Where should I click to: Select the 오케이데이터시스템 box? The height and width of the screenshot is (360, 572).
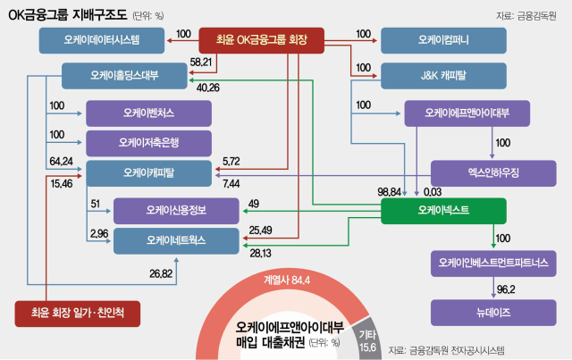coord(104,39)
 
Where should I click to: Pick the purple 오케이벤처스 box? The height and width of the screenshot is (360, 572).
coord(148,113)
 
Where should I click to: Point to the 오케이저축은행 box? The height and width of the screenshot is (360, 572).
coord(148,143)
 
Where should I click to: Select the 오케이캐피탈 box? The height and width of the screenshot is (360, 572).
coord(148,173)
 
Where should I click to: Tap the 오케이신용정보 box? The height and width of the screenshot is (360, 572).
coord(176,210)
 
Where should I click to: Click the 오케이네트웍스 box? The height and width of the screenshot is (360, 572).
coord(176,240)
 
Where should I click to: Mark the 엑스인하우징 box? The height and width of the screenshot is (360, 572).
coord(494,173)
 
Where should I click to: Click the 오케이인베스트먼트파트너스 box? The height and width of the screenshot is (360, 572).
coord(494,263)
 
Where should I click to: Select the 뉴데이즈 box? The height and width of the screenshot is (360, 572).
coord(494,312)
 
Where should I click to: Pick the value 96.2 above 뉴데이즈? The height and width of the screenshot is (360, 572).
coord(507,289)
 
